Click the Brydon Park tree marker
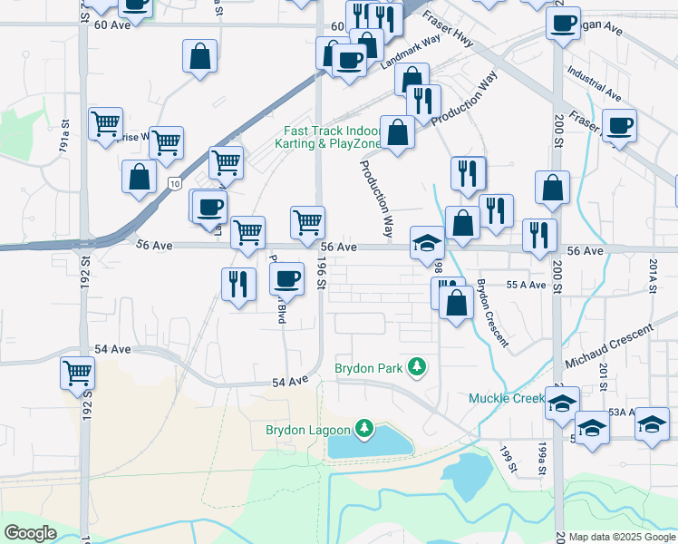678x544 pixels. pos(417,367)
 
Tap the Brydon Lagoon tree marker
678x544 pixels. pos(363,428)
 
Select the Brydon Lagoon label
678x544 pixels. pos(307,430)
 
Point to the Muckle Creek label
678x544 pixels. pos(504,398)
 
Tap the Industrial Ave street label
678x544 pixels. pos(593,82)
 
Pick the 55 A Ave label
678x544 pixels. pos(526,285)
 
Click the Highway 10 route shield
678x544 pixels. pos(172,184)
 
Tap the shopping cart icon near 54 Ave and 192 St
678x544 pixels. pos(78,372)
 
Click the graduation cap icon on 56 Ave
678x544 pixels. pos(427,242)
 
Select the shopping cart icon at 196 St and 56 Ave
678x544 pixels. pos(308,221)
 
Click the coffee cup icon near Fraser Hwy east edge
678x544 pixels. pos(620,125)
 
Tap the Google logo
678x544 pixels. pos(31,533)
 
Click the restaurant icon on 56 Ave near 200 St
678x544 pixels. pos(539,235)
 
